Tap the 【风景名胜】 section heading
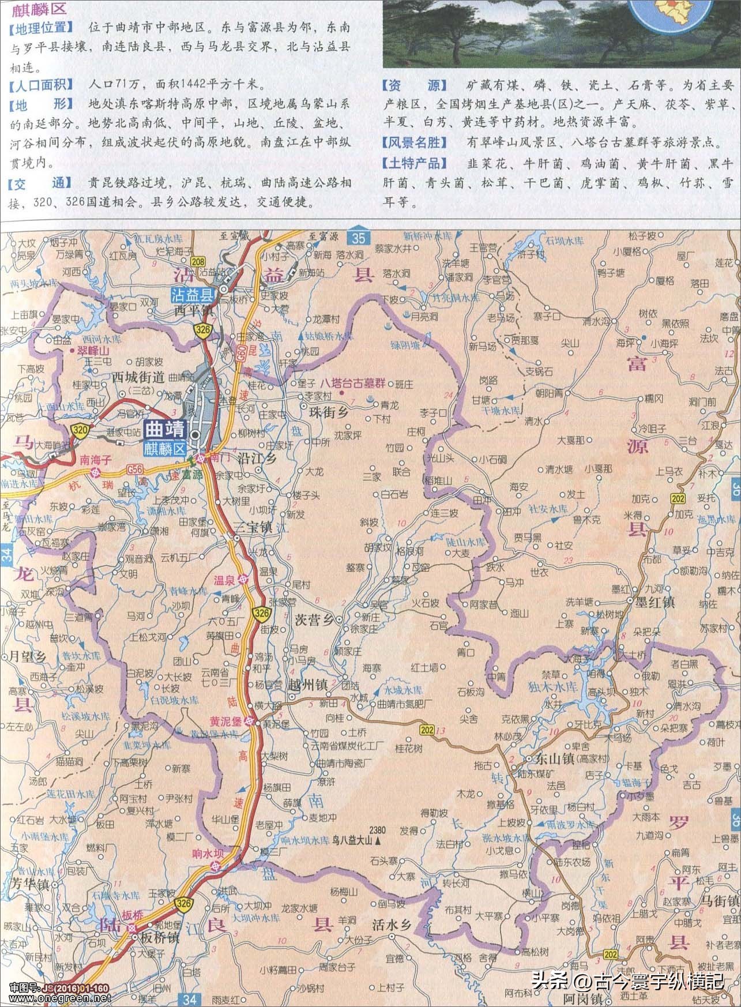(414, 142)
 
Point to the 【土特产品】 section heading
(414, 163)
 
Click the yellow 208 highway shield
(198, 262)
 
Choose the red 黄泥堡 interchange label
(225, 721)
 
